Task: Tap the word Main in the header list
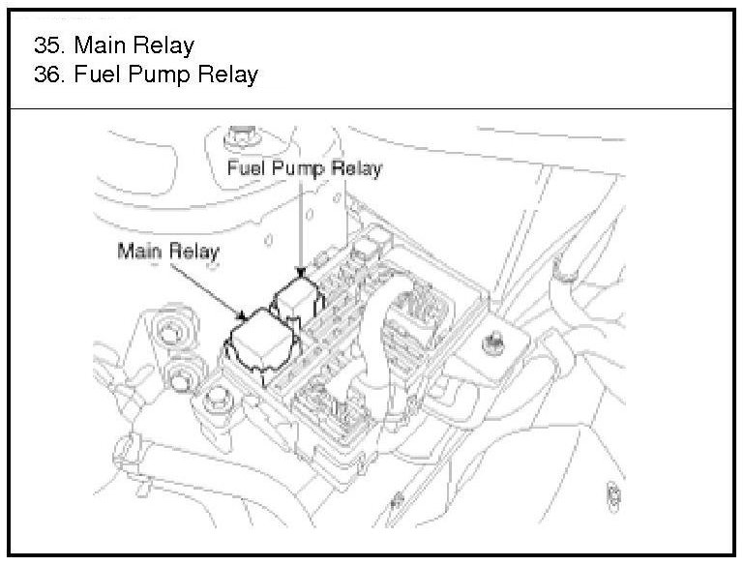tap(101, 45)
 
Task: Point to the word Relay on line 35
tap(164, 45)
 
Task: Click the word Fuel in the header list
tap(100, 74)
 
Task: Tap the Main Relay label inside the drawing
tap(168, 252)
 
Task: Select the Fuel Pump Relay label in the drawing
tap(305, 168)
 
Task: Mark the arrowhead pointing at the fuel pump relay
tap(302, 274)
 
